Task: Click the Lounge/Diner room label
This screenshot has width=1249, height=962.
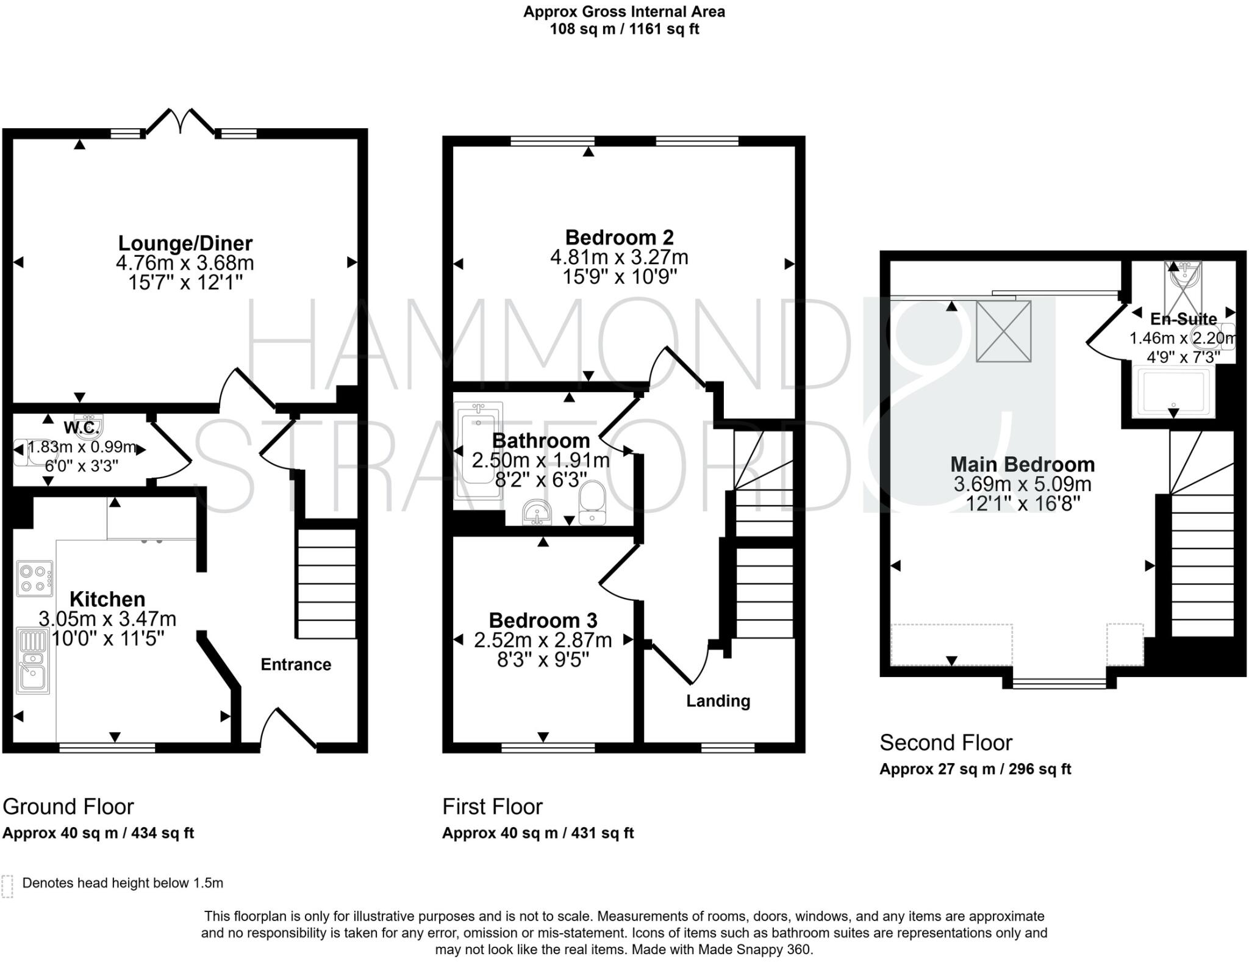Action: pyautogui.click(x=185, y=243)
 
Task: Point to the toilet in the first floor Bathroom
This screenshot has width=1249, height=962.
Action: pyautogui.click(x=592, y=502)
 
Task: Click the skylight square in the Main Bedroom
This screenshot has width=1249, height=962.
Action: pyautogui.click(x=1003, y=331)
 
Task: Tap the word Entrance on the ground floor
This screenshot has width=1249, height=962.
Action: pyautogui.click(x=296, y=664)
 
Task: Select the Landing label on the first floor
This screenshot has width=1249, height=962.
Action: pyautogui.click(x=718, y=701)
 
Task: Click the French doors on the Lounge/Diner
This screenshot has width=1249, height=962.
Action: pyautogui.click(x=181, y=122)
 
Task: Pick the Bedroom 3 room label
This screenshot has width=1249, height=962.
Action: pyautogui.click(x=543, y=620)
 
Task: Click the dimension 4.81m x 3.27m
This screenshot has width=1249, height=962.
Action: pyautogui.click(x=619, y=257)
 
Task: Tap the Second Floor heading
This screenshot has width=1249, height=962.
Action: pyautogui.click(x=945, y=742)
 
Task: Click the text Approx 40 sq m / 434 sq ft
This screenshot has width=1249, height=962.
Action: pyautogui.click(x=98, y=833)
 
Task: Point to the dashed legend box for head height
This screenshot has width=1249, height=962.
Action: pyautogui.click(x=7, y=886)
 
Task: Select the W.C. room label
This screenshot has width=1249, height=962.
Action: pyautogui.click(x=81, y=428)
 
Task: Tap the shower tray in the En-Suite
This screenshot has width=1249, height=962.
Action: pyautogui.click(x=1172, y=392)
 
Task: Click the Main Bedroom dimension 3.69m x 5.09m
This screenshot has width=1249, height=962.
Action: pyautogui.click(x=1022, y=484)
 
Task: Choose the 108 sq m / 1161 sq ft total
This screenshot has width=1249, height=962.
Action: pyautogui.click(x=624, y=29)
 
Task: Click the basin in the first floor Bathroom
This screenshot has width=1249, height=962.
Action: pyautogui.click(x=537, y=512)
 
